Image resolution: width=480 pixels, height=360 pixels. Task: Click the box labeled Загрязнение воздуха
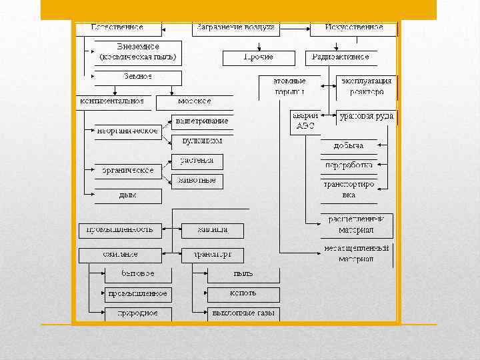235,28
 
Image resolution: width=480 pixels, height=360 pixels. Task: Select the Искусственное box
353,28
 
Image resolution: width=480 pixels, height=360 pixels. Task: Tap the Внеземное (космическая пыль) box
137,53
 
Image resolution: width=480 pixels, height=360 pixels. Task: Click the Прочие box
257,58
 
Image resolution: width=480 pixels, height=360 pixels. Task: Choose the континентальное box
112,102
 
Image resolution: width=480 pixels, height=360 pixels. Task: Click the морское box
195,102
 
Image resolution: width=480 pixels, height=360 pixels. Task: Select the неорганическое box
127,131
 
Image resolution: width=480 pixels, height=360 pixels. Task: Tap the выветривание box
202,121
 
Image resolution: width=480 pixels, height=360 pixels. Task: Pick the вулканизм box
202,141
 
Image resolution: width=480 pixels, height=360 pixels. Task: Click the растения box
197,161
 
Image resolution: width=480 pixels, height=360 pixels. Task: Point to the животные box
197,180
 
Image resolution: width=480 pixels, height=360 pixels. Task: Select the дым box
127,195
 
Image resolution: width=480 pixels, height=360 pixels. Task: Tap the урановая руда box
366,117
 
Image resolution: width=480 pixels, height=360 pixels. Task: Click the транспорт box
212,255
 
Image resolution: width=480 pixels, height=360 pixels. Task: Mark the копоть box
243,293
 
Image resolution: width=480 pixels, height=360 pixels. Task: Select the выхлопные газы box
243,313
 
